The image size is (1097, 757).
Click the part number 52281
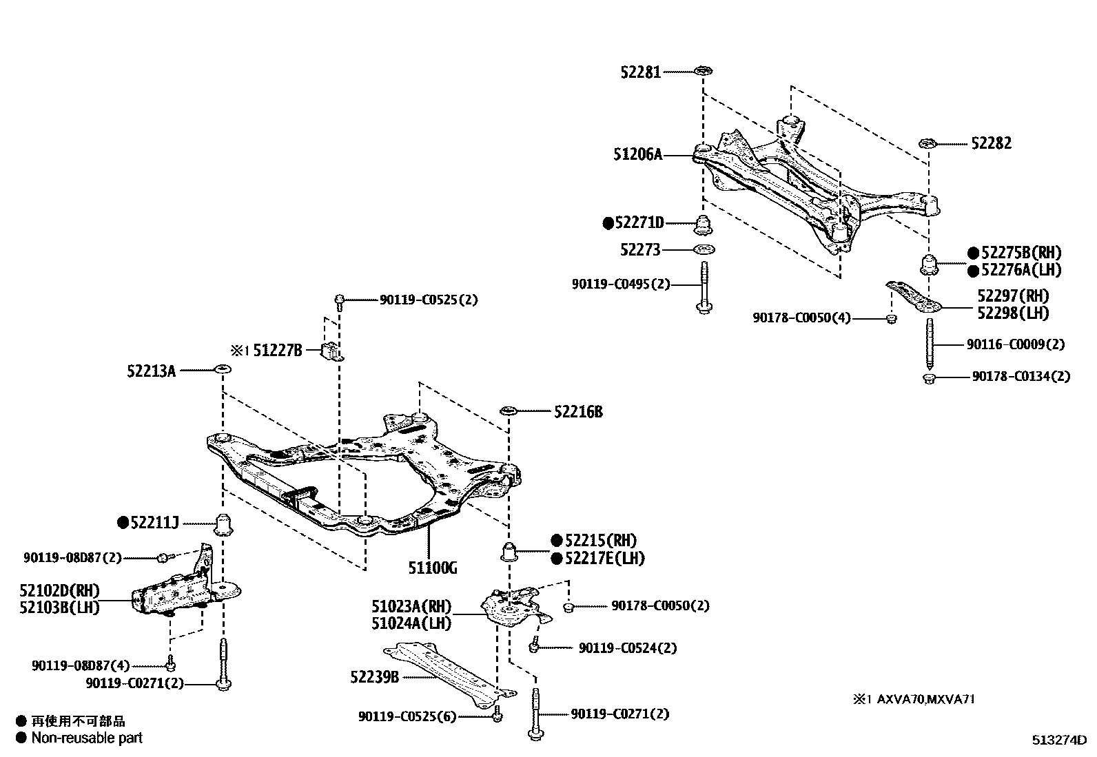[640, 72]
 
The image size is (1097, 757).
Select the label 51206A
[638, 155]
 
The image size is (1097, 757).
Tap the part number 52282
[992, 143]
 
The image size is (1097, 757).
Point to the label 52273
[640, 249]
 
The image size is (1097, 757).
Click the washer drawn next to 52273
[703, 249]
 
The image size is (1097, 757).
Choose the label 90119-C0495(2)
[621, 284]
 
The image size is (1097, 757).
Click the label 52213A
[152, 371]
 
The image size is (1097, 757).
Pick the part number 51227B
[278, 350]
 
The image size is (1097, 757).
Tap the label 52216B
[578, 412]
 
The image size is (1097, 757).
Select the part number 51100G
[433, 568]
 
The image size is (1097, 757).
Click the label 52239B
[374, 677]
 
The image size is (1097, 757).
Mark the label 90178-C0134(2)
[1021, 377]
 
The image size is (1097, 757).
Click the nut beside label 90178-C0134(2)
[929, 377]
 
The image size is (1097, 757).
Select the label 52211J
[155, 523]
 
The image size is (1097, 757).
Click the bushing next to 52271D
[704, 225]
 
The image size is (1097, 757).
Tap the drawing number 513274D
[1058, 740]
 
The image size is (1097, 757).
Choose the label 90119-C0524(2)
[627, 648]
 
